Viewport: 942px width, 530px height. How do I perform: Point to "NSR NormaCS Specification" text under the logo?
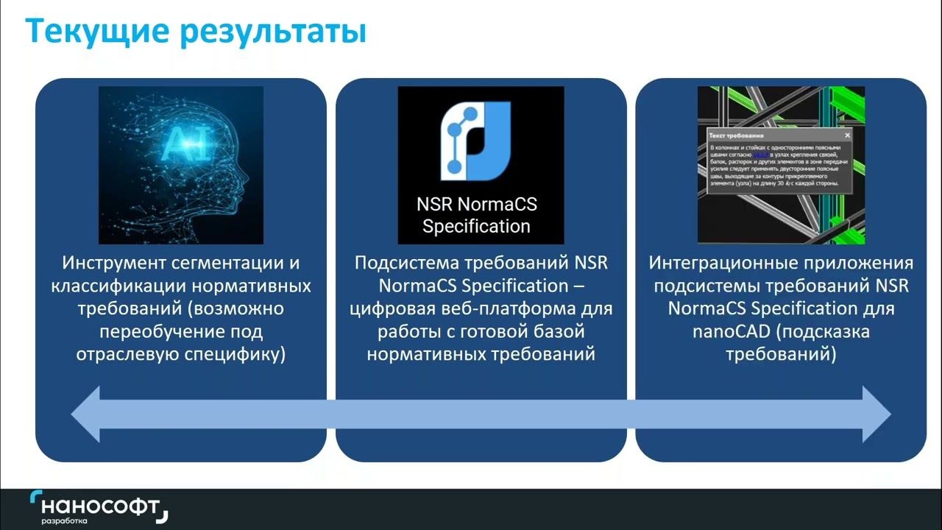pyautogui.click(x=477, y=214)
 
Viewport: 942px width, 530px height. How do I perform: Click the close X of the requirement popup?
pyautogui.click(x=847, y=135)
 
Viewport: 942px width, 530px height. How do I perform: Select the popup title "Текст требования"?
pyautogui.click(x=736, y=136)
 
